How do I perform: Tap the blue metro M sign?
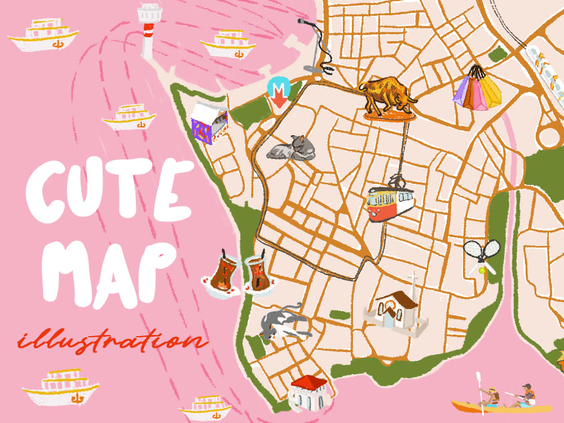(278, 87)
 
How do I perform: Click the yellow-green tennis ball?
(482, 271)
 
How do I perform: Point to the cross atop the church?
(413, 280)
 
